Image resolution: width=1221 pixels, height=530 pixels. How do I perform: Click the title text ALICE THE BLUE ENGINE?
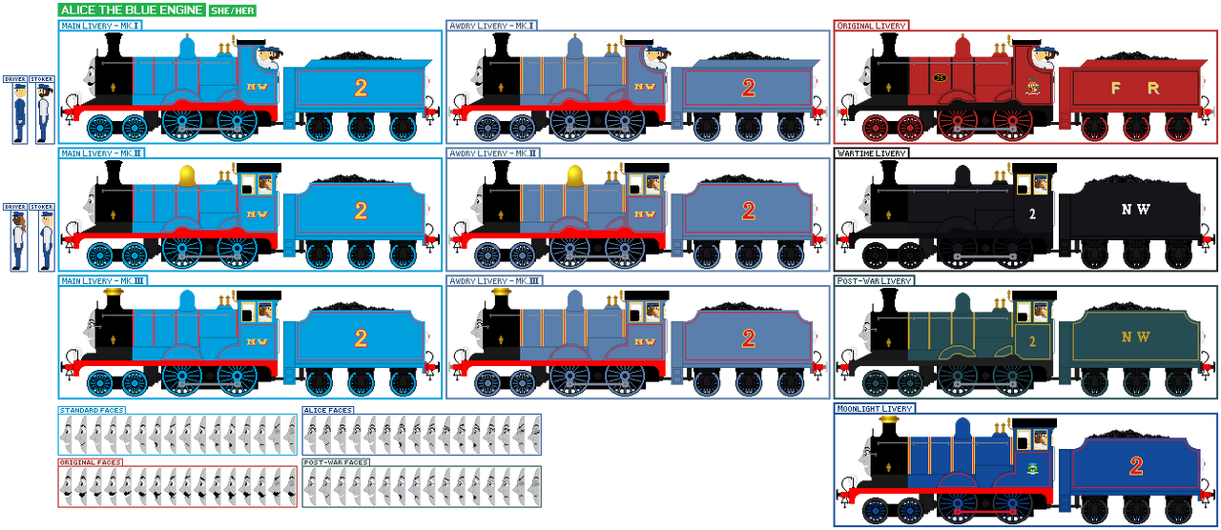131,10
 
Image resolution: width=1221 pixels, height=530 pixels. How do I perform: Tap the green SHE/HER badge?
233,10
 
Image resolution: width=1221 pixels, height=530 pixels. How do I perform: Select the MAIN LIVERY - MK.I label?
100,26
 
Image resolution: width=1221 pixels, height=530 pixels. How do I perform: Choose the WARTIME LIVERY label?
871,153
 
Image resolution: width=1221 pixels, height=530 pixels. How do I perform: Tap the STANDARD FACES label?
92,410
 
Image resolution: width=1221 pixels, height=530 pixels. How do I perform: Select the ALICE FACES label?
328,410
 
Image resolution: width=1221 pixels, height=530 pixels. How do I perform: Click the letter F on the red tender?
1114,88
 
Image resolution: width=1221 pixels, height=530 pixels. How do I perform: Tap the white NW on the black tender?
1135,210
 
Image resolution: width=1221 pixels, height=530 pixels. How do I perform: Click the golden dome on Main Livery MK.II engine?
187,173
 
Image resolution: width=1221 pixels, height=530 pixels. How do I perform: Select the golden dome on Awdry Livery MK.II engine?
575,173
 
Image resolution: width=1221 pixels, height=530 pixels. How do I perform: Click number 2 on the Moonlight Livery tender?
1135,466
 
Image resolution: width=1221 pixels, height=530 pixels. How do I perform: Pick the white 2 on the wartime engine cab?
1032,214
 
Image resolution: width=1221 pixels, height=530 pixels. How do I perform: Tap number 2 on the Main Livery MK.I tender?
361,88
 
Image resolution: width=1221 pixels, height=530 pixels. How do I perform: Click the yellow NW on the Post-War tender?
1135,337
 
